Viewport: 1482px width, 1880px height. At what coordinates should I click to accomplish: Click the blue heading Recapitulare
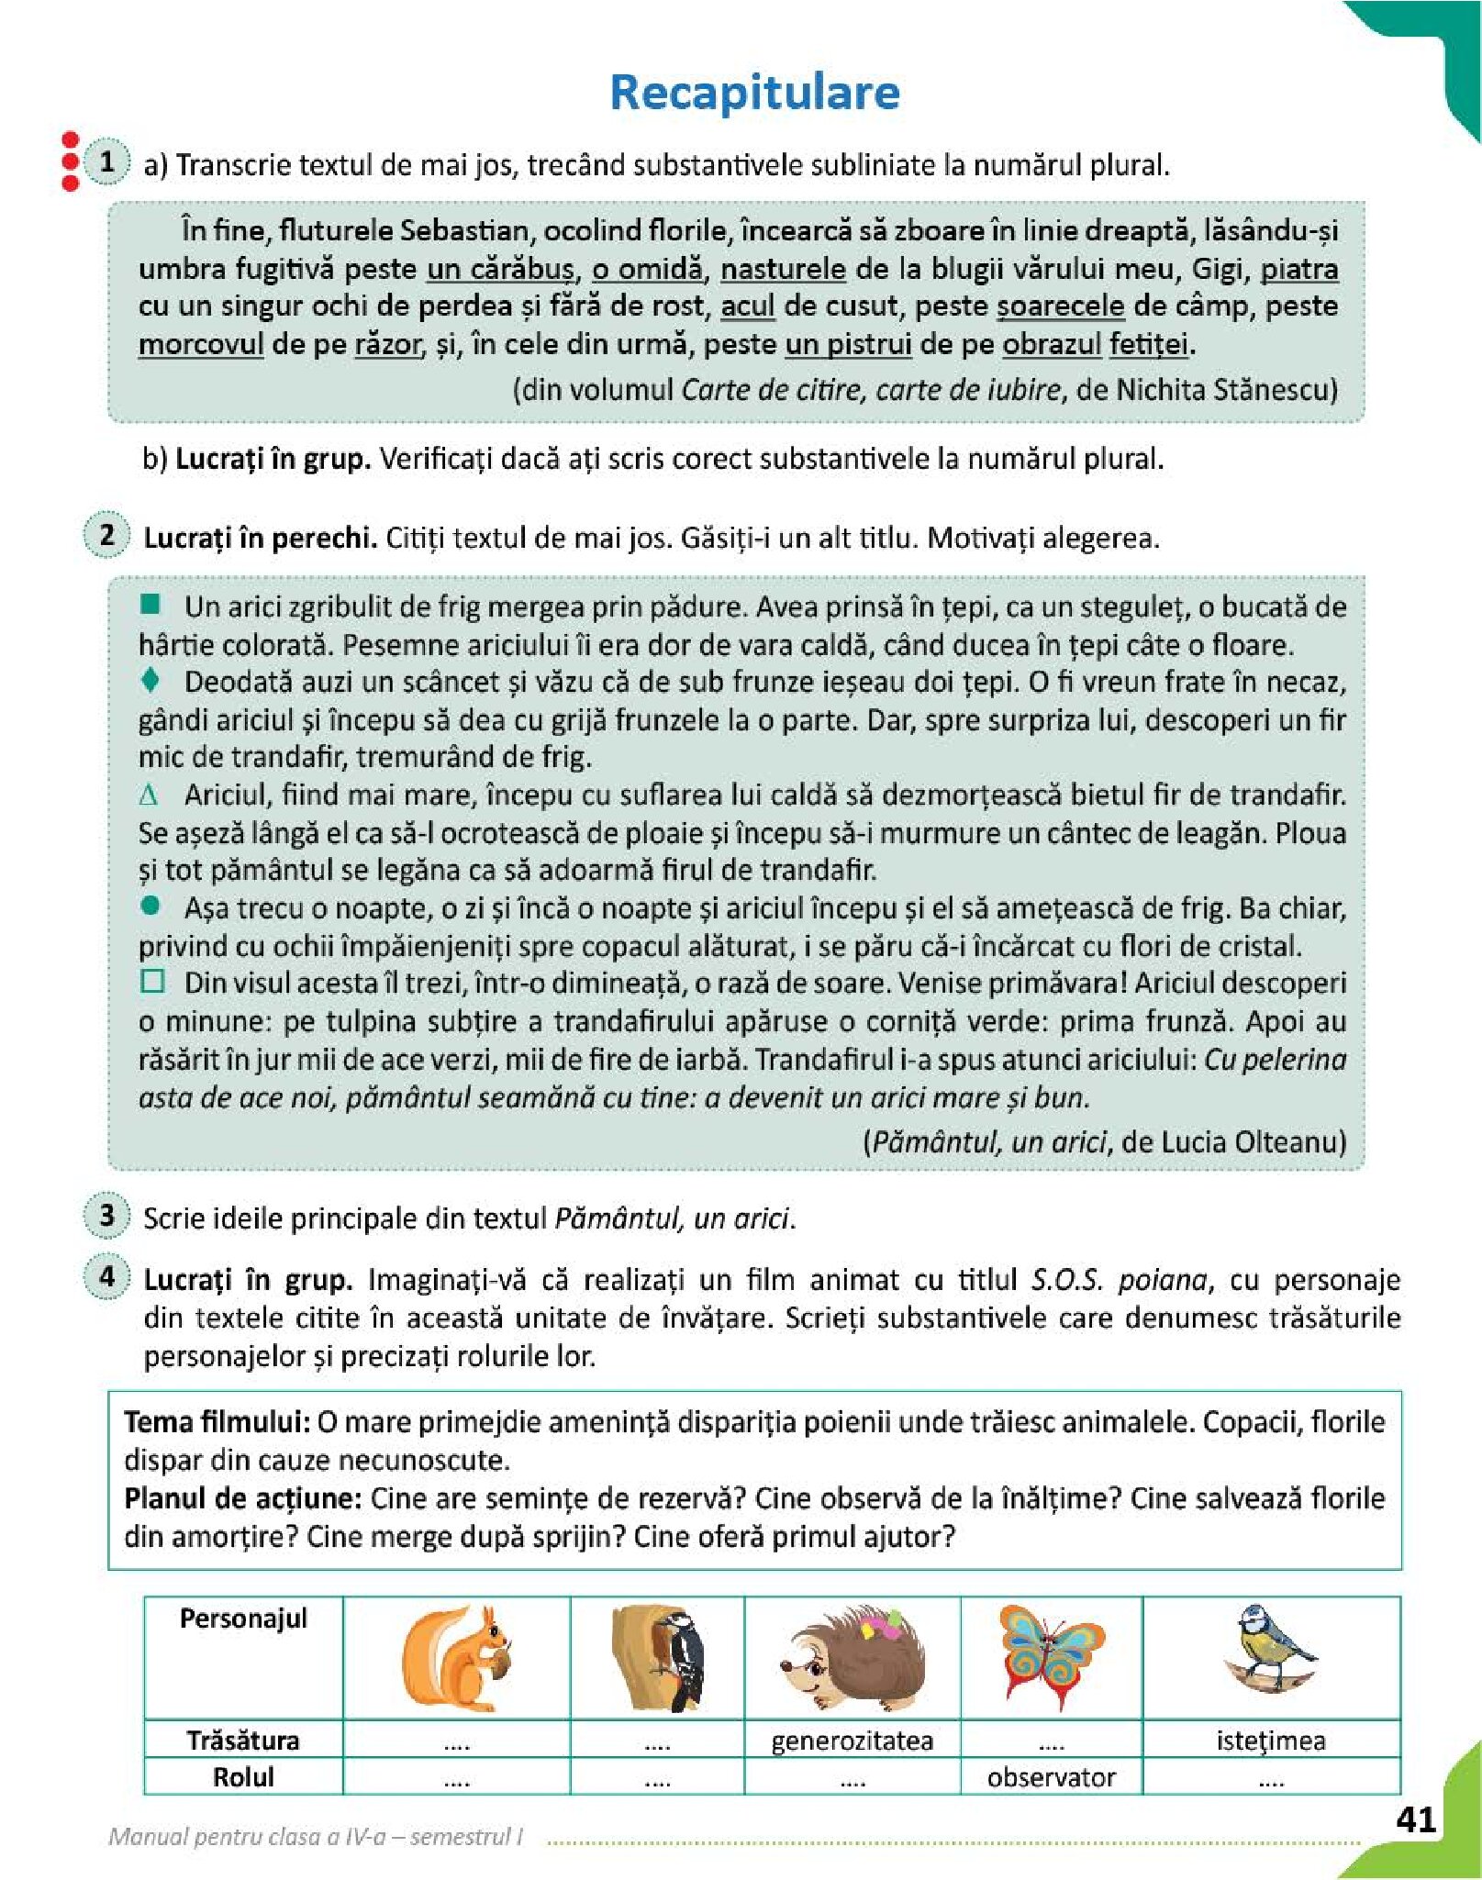tap(754, 93)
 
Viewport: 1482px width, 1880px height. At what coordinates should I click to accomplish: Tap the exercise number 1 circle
tap(107, 162)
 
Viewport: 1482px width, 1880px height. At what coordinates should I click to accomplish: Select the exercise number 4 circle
tap(107, 1276)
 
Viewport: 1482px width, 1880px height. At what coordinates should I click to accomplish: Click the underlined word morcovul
tap(201, 345)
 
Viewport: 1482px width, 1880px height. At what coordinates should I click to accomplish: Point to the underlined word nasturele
tap(783, 269)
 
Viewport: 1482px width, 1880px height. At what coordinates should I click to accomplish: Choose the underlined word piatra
tap(1298, 269)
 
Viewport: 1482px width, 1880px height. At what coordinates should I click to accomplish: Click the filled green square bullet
tap(150, 605)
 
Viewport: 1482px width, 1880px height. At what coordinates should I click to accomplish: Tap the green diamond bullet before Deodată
tap(151, 680)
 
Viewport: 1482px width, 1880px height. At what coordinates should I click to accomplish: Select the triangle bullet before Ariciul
tap(149, 795)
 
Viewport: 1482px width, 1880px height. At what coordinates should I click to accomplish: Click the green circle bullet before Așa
tap(151, 907)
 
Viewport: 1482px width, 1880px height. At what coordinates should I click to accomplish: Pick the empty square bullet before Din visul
tap(152, 982)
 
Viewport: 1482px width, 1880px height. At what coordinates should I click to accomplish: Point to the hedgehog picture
tap(852, 1658)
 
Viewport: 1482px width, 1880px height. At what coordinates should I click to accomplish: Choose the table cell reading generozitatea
tap(852, 1741)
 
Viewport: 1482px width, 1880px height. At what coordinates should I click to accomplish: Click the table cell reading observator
tap(1051, 1777)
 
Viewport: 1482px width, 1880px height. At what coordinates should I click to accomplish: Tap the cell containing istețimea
tap(1270, 1741)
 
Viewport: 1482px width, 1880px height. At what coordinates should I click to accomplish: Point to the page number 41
tap(1415, 1819)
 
